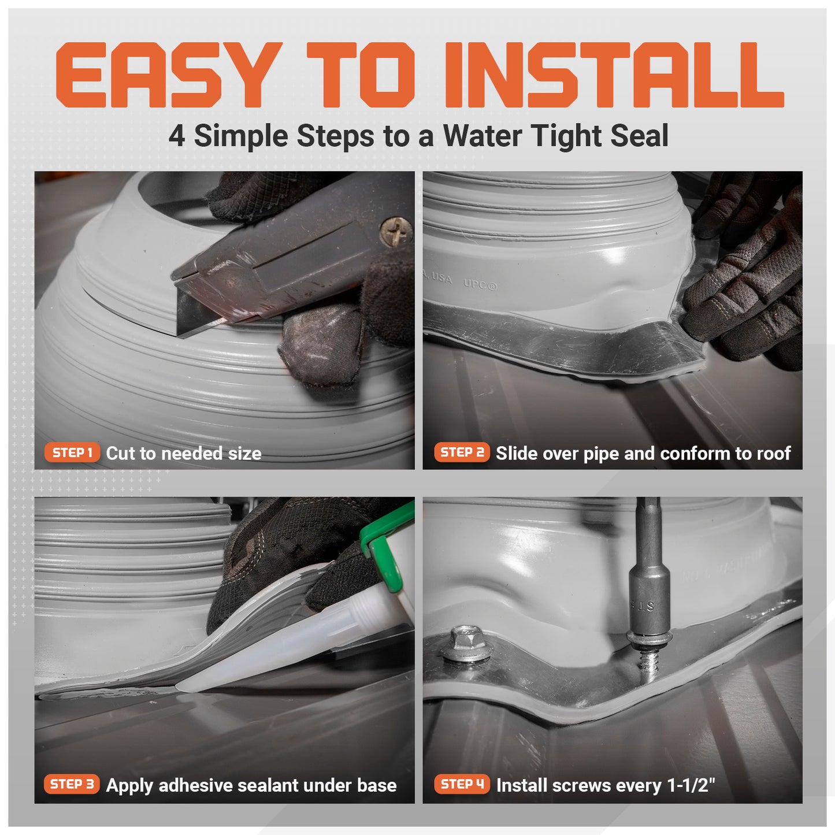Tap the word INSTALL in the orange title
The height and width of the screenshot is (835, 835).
(613, 76)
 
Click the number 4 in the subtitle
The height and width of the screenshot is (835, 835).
(177, 137)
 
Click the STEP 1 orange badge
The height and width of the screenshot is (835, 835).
(72, 453)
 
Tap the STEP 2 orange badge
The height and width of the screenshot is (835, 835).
(462, 452)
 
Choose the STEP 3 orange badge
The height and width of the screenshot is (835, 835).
(72, 784)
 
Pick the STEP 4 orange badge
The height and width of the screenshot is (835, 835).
(462, 784)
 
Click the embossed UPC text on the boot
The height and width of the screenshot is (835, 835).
(480, 284)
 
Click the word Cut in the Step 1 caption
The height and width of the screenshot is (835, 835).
(120, 454)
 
